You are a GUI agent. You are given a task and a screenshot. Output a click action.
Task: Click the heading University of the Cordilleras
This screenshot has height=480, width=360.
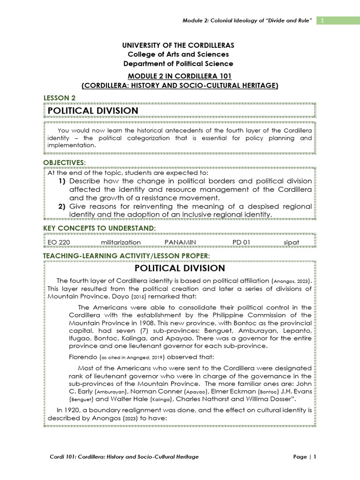coord(178,45)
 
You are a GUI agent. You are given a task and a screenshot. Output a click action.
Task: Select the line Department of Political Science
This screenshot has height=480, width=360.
coord(178,63)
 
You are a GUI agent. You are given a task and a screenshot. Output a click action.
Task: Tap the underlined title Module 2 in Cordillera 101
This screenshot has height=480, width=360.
coord(180,76)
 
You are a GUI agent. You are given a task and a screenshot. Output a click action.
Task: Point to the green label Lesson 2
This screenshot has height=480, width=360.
coord(60,97)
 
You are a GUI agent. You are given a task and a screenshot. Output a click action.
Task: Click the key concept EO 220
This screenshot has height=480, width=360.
coord(59,242)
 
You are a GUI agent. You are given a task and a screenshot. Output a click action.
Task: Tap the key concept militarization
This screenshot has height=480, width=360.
coord(121,242)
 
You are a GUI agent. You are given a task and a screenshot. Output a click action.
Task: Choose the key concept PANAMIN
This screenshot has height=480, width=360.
coord(180,242)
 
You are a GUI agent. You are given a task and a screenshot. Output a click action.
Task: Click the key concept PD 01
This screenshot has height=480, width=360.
coord(241,242)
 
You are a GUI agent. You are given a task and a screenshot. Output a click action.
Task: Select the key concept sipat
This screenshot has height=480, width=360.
coord(291,242)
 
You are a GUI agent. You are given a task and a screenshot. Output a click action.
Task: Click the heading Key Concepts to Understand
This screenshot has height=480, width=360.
coord(99,228)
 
